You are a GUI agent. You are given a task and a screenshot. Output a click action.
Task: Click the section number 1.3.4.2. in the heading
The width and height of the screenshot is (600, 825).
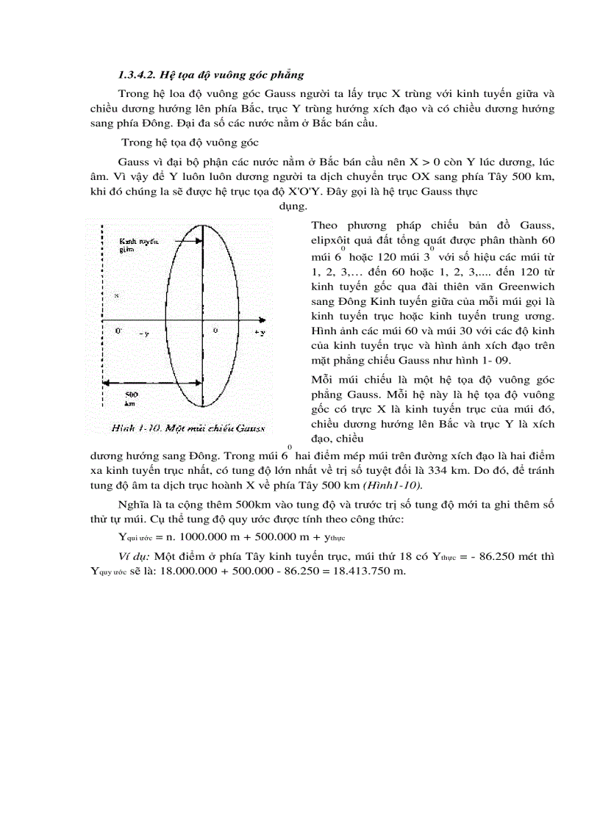143,76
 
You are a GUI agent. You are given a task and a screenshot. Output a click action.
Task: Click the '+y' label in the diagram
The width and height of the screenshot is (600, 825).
259,333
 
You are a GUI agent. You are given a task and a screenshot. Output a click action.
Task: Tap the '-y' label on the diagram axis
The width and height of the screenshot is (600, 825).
143,334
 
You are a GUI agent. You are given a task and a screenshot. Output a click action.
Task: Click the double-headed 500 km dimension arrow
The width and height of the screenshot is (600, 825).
151,382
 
